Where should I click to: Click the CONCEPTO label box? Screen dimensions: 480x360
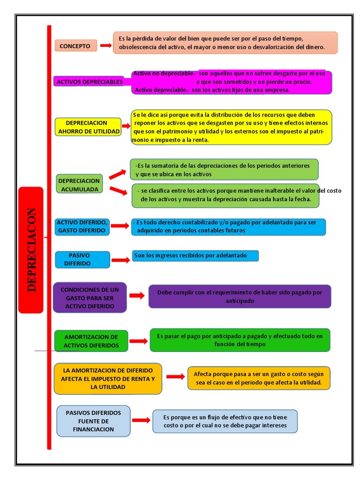(x=75, y=45)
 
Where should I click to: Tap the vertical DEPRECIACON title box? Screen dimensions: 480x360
(x=31, y=249)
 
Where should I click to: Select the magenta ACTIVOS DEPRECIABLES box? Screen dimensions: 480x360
(x=89, y=82)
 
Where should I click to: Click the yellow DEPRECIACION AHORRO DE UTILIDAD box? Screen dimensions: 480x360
(x=88, y=127)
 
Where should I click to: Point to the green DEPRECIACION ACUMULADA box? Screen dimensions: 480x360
(x=79, y=185)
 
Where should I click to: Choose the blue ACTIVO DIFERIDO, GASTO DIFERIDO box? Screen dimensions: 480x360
(x=82, y=226)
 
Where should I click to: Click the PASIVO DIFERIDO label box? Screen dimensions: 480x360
(x=82, y=259)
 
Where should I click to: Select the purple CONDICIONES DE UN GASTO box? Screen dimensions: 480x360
(x=90, y=298)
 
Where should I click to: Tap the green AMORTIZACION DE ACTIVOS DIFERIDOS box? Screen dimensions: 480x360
(x=90, y=341)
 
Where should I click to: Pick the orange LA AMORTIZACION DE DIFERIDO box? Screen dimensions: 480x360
(x=108, y=378)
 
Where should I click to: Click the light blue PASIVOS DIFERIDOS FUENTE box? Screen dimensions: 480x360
(x=93, y=421)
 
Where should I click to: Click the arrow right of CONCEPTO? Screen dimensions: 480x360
(x=105, y=45)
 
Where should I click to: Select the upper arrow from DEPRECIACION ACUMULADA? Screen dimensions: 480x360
(x=118, y=174)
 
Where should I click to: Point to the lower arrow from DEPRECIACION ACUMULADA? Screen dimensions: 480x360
(x=118, y=190)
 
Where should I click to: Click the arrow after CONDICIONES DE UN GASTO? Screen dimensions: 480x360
(x=137, y=296)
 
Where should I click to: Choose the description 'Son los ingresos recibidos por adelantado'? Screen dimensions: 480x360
(x=195, y=255)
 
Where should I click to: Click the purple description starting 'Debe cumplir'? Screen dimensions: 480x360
(x=240, y=296)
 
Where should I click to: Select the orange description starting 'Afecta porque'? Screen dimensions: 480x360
(x=259, y=378)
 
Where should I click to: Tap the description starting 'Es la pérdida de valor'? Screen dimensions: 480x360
(x=225, y=43)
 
